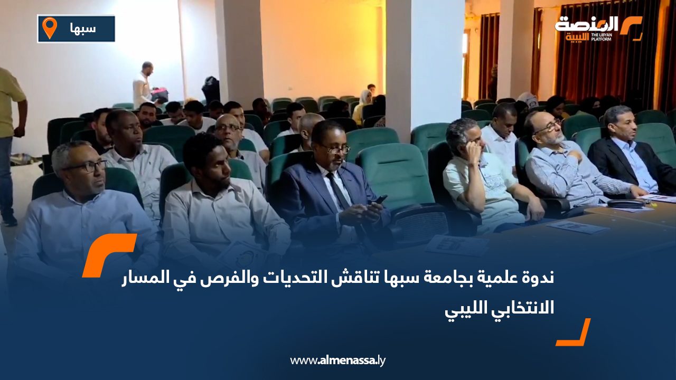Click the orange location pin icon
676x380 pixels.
click(x=49, y=27)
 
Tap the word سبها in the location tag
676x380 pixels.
click(x=83, y=28)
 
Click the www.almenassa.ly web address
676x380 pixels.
click(x=338, y=360)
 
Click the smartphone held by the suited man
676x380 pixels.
click(x=380, y=199)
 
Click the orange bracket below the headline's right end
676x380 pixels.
click(x=575, y=333)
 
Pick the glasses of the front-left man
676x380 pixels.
click(x=84, y=166)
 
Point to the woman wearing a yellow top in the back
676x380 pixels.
click(x=362, y=105)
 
